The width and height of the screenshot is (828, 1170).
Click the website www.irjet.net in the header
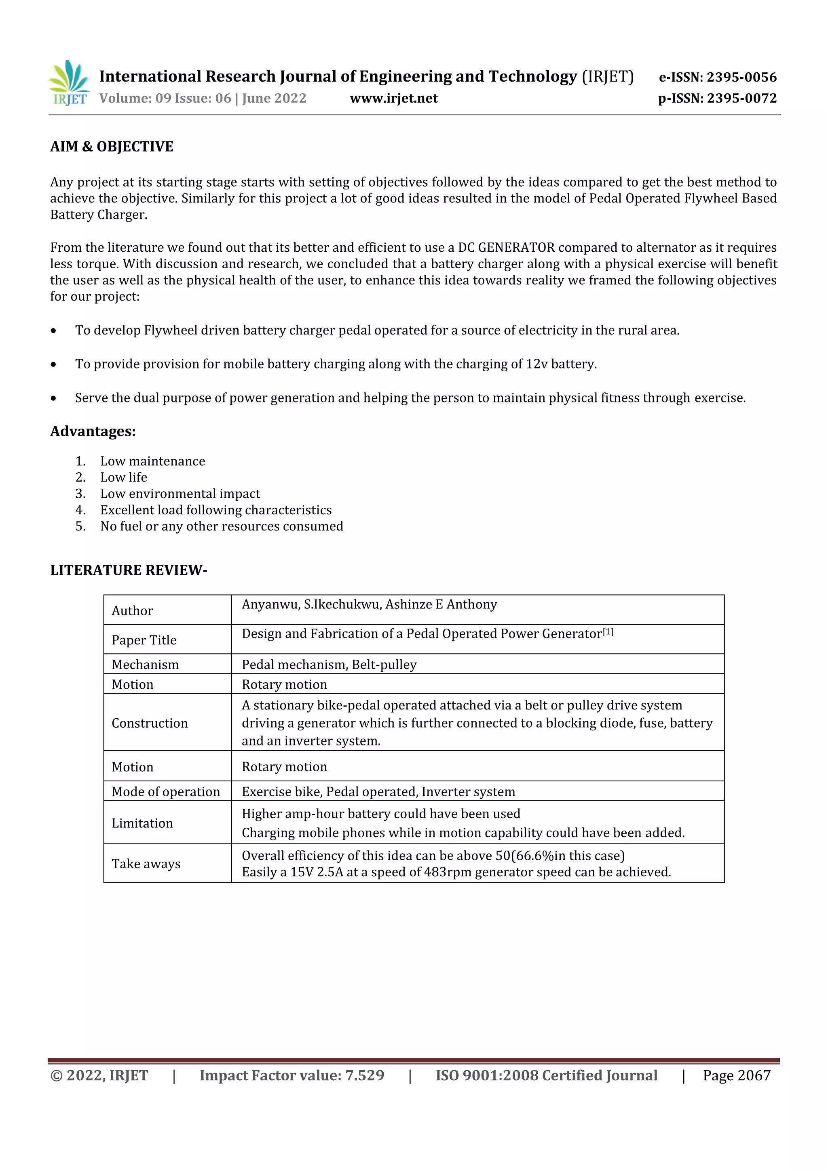pos(394,98)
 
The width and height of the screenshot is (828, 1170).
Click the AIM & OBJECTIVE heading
pos(112,147)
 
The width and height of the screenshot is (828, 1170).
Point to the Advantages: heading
pos(93,431)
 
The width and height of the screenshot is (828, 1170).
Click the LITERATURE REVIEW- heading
pos(129,570)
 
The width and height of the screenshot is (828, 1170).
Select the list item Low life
pos(123,478)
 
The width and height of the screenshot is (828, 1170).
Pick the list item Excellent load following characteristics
pos(215,510)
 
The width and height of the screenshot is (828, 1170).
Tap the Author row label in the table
pos(132,611)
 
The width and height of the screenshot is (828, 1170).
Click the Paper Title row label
pos(144,640)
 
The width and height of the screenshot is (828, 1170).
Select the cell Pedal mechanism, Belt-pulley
pos(329,665)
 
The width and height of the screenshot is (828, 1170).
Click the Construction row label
pos(149,723)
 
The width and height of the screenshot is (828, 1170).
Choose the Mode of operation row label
pos(166,791)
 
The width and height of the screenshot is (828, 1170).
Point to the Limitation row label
pos(142,823)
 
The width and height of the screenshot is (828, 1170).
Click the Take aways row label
pos(146,864)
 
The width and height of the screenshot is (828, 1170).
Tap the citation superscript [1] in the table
pos(608,632)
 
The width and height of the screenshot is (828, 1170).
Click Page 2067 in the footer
pos(736,1076)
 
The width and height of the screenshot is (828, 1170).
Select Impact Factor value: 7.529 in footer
pos(291,1076)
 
